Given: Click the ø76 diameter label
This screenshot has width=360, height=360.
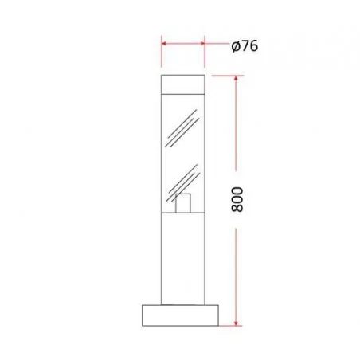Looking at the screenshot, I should click(245, 46).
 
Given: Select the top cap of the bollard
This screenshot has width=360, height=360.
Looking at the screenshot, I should click(183, 84).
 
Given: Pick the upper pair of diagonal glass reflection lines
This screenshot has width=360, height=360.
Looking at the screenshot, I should click(182, 129).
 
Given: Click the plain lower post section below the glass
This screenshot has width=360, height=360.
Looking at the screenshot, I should click(183, 259).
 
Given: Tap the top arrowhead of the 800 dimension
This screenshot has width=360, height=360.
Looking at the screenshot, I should click(237, 80).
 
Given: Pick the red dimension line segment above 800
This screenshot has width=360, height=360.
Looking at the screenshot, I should click(237, 127).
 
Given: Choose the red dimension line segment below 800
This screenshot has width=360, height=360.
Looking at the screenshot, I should click(237, 271).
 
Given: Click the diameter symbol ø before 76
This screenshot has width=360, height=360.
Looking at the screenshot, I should click(236, 46).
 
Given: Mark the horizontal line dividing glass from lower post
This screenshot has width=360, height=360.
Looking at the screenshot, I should click(183, 215).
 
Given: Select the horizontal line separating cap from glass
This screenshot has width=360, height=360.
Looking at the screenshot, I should click(183, 93).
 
